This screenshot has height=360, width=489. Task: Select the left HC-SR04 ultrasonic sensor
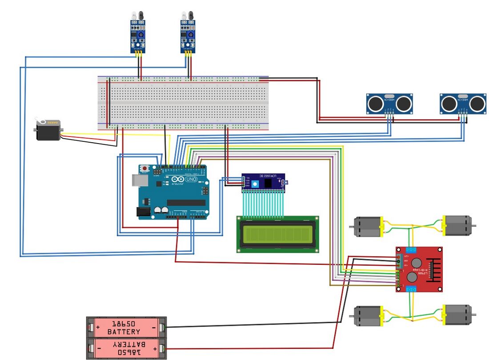(x=390, y=103)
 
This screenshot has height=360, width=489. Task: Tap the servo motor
(x=48, y=131)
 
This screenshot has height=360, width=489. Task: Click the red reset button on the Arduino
(x=145, y=168)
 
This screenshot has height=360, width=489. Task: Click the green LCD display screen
(x=277, y=234)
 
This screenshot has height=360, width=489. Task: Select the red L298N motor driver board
(x=419, y=269)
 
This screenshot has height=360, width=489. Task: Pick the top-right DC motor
(x=458, y=225)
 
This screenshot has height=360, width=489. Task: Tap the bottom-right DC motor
(x=458, y=314)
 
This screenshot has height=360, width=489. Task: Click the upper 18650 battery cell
(x=126, y=328)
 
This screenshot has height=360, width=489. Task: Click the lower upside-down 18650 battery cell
(x=126, y=348)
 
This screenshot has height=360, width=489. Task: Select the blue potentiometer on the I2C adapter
(x=255, y=184)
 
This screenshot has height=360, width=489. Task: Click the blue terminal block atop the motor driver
(x=411, y=249)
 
